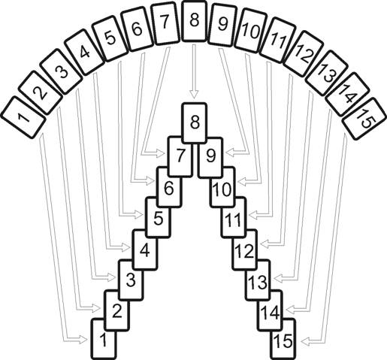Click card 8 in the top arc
(195, 21)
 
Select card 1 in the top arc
(23, 117)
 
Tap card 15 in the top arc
(365, 119)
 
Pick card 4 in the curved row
(84, 52)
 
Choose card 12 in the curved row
(304, 54)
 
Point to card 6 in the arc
(137, 29)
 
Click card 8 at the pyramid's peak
(195, 123)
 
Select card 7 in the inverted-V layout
(180, 157)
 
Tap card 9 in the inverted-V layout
(210, 157)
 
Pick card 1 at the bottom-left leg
(104, 339)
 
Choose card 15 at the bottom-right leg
(283, 339)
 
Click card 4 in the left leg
(145, 250)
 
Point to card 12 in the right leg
(245, 250)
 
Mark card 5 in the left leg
(159, 217)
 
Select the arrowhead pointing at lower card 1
(83, 340)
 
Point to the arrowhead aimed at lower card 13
(278, 278)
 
